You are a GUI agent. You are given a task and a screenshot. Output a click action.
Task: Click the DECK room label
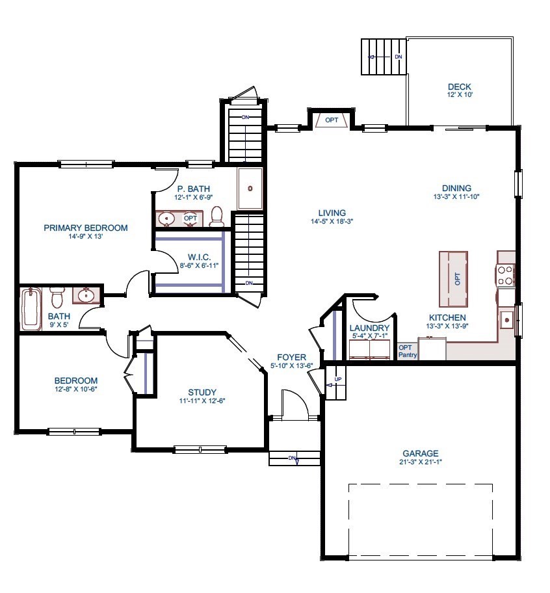click(459, 87)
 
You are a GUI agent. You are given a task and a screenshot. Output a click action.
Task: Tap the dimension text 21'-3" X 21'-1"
click(420, 463)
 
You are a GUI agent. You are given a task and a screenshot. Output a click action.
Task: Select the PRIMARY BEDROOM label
click(85, 228)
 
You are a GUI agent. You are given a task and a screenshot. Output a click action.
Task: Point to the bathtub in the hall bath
click(31, 310)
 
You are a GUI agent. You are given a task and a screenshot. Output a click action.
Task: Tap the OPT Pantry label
click(407, 351)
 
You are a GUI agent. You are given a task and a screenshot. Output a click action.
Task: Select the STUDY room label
click(202, 392)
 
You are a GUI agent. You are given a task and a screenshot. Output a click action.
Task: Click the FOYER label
click(291, 358)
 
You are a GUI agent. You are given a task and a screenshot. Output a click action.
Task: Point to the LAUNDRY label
click(369, 328)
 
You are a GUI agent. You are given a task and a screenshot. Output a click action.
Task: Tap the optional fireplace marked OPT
click(332, 120)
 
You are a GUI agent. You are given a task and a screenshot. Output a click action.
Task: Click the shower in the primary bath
click(250, 189)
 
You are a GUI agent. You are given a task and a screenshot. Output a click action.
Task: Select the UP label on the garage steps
click(337, 379)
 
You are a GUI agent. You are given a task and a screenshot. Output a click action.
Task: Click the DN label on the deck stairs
click(399, 57)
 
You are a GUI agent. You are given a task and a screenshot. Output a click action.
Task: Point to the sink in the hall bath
click(86, 296)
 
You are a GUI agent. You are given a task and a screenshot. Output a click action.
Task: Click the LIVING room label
click(332, 213)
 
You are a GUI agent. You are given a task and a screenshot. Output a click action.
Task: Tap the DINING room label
click(456, 189)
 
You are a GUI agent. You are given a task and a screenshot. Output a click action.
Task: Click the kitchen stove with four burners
click(506, 276)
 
